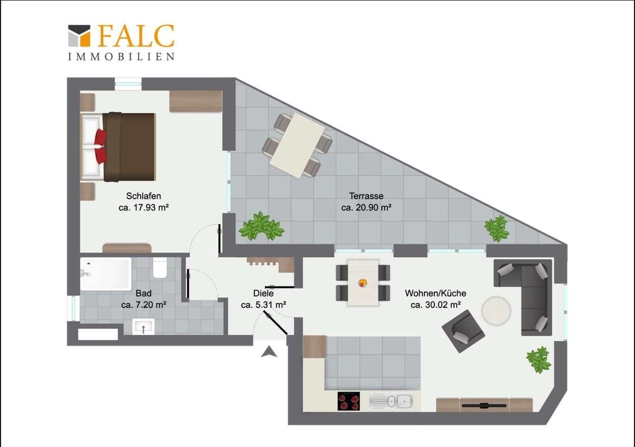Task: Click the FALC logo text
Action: click(136, 36)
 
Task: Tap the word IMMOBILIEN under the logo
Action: click(121, 57)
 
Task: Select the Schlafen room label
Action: click(143, 196)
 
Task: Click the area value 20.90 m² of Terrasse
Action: click(374, 208)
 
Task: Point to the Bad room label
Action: click(143, 293)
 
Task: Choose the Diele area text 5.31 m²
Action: click(270, 305)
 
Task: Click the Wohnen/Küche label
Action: click(435, 293)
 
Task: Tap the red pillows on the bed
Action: click(101, 146)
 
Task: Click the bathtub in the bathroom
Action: click(106, 274)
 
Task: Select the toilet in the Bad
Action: click(160, 268)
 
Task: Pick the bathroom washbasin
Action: click(143, 327)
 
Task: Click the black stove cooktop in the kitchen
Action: click(349, 401)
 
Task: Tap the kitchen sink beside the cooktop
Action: click(391, 401)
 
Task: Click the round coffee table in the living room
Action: click(497, 311)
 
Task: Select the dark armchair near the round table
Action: click(463, 331)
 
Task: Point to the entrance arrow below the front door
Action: click(269, 352)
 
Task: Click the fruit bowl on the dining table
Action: click(363, 282)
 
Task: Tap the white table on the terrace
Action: click(297, 145)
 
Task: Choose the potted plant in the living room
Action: click(539, 360)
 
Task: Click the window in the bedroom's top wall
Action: click(128, 84)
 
